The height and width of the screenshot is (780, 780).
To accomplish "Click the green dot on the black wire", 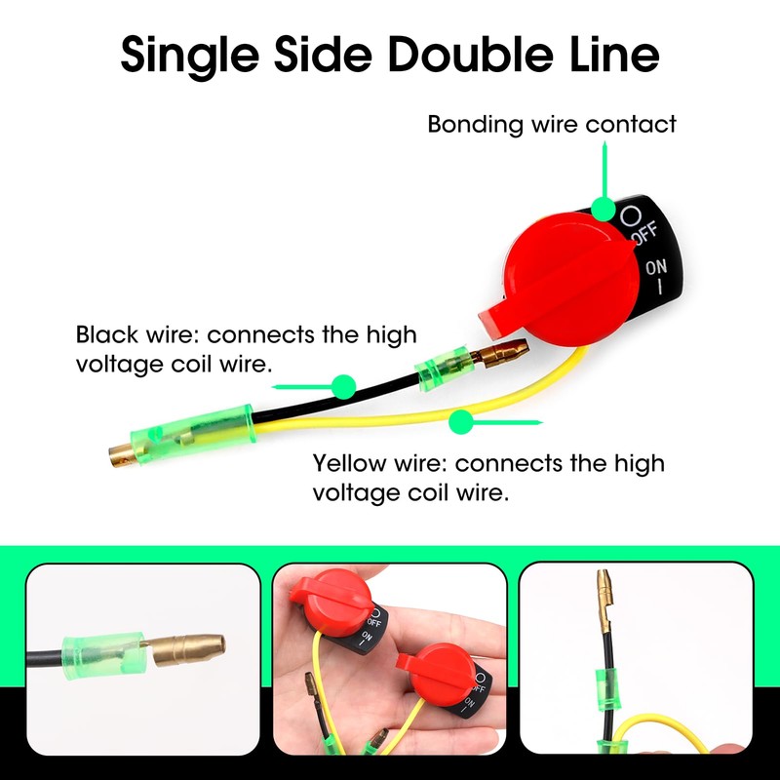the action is point(342,387).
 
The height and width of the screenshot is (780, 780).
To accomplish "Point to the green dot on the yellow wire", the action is point(459,422).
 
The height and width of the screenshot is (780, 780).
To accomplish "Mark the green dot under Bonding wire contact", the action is point(604,209).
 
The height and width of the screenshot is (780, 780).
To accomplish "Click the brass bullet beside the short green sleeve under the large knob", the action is point(503,348).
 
